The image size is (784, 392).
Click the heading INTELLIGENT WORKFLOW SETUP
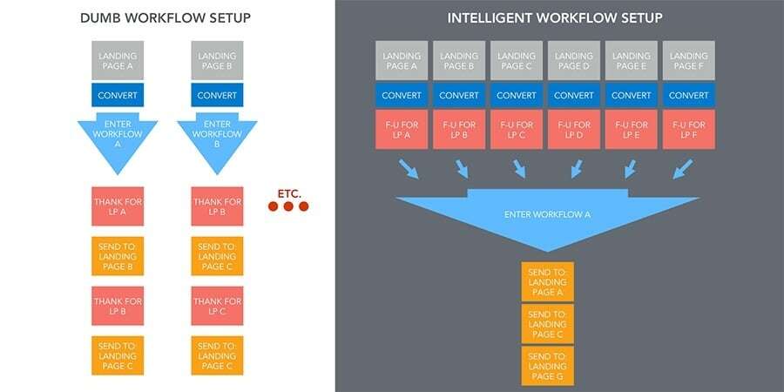(554, 17)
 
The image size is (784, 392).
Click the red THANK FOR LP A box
(117, 206)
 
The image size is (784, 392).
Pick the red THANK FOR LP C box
(216, 306)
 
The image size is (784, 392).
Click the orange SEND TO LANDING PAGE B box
(117, 256)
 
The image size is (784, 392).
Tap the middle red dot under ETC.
(287, 206)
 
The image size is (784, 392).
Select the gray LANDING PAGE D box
(572, 62)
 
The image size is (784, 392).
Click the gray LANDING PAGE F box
(687, 62)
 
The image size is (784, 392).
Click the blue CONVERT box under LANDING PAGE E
(630, 96)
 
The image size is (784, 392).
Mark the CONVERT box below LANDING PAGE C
(516, 96)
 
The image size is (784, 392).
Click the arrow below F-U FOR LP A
(408, 168)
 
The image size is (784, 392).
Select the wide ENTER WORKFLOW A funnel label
(547, 213)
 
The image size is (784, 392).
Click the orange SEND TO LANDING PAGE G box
(547, 365)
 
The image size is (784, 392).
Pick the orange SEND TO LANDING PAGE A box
(547, 280)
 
